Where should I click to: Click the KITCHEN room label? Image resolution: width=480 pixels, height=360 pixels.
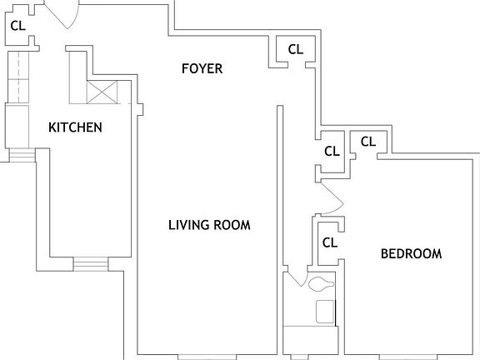[75, 127]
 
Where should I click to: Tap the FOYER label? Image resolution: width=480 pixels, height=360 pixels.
[202, 68]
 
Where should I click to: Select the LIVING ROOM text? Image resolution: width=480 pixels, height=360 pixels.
[209, 225]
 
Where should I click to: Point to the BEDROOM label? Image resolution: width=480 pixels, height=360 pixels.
[411, 253]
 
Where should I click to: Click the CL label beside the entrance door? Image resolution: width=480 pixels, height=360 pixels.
[17, 25]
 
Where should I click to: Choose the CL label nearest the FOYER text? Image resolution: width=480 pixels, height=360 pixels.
[295, 49]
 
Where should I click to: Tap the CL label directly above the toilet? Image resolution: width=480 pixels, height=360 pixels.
[329, 242]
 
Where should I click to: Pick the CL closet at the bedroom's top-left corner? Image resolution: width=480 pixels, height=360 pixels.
[367, 142]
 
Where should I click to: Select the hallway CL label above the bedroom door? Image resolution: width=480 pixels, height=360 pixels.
[332, 152]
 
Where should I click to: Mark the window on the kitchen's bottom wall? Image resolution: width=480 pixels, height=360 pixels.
[91, 264]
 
